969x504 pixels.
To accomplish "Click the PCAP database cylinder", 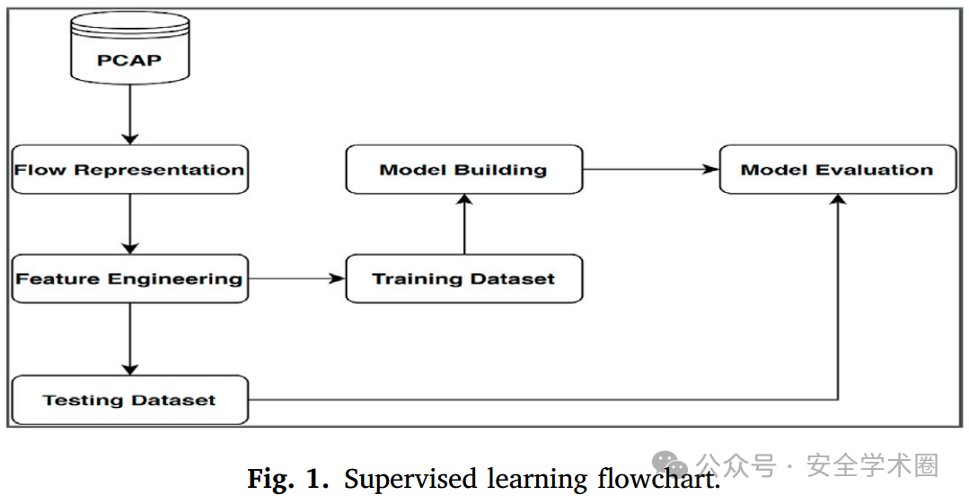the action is pos(130,49).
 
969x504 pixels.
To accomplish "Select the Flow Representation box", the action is pos(130,170).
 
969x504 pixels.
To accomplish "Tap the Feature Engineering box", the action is pos(130,279).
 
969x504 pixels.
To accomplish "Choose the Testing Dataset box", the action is pos(130,400).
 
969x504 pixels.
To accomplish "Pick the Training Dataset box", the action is pos(464,279).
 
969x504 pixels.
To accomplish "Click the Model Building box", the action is pos(464,170).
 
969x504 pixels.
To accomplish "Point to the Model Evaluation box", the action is pos(838,170).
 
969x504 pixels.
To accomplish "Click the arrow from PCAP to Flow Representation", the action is pos(130,115).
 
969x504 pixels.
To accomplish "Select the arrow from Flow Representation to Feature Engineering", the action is pos(130,224).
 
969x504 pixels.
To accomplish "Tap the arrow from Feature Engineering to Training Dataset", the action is pos(296,279).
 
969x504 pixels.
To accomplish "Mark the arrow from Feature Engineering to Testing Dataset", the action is pos(130,339).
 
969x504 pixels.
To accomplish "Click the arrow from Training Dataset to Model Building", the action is pos(464,224).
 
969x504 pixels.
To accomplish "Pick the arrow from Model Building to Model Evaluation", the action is pos(651,170).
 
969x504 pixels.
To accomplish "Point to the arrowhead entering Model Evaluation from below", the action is pos(838,200).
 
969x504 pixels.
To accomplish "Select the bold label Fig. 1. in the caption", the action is pos(288,479).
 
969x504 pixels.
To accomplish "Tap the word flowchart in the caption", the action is pos(659,479).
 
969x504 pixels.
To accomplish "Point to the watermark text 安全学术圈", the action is pos(873,465).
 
